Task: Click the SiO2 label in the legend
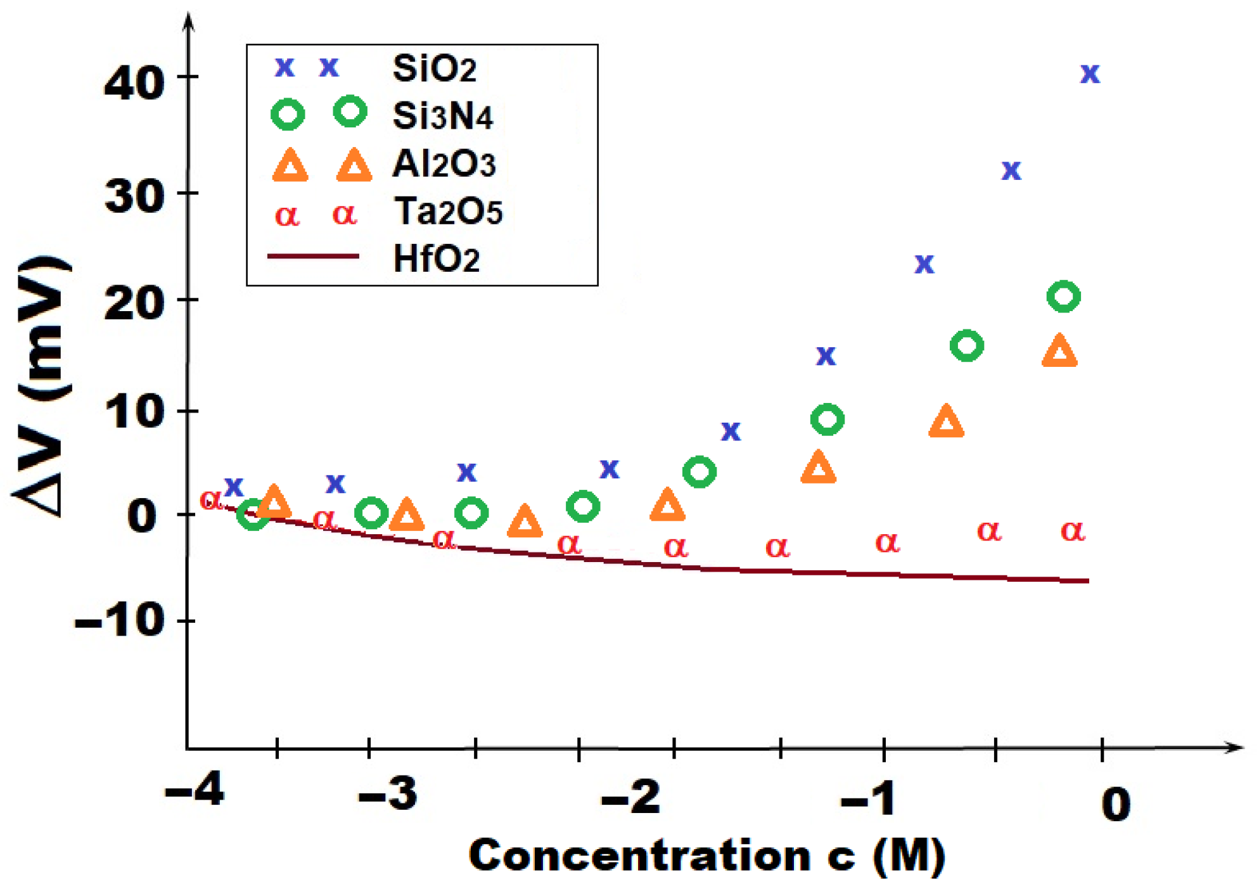pos(434,68)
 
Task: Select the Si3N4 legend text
pos(442,116)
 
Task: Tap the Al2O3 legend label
pos(444,164)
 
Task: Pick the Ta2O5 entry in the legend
pos(448,211)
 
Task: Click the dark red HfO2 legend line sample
pos(313,257)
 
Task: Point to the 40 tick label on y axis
pos(134,83)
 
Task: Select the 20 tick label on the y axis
pos(134,304)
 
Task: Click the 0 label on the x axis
pos(1116,804)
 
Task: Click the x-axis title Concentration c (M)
pos(706,856)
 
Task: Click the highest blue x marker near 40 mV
pos(1090,74)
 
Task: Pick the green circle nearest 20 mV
pos(1063,297)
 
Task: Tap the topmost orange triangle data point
pos(1059,351)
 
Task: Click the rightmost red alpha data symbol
pos(1073,531)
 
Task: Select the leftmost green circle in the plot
pos(253,514)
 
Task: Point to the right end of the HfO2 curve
pos(1087,580)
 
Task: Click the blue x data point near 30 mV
pos(1011,170)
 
